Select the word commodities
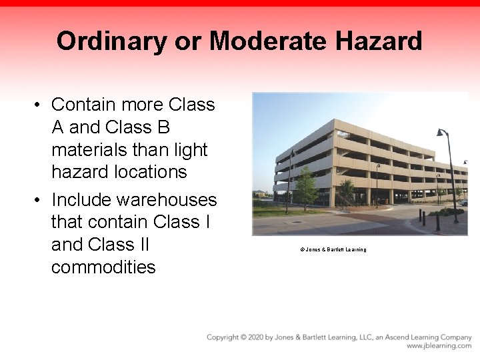click(x=103, y=267)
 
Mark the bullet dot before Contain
click(x=39, y=105)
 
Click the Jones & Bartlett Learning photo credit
click(x=333, y=249)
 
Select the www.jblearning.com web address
click(x=439, y=346)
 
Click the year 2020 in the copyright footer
click(x=255, y=337)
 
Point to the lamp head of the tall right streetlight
click(x=441, y=133)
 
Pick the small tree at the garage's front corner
click(x=346, y=190)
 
